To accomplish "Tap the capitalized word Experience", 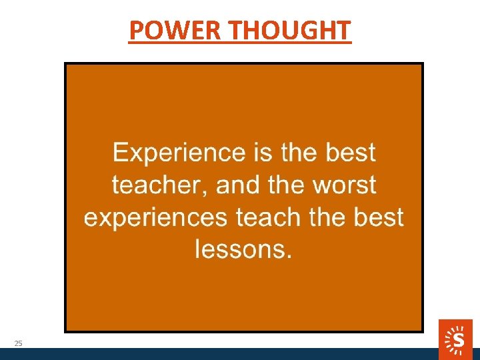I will coord(179,154).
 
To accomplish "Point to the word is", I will coord(263,153).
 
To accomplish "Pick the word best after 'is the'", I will coord(351,153).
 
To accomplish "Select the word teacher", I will coord(159,185).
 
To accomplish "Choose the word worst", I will coord(344,185).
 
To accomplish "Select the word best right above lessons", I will coord(378,217).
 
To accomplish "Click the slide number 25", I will coord(18,343).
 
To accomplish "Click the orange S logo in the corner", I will coord(455,339).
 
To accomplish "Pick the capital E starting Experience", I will coord(120,153).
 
